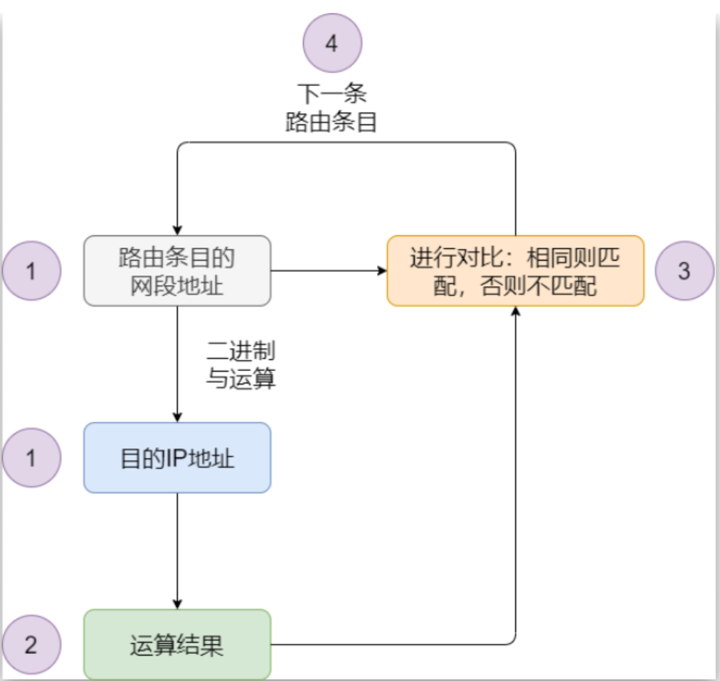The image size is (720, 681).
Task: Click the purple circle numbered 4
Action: point(332,43)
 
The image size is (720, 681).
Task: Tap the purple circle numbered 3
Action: point(684,271)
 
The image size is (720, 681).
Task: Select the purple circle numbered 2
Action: point(31,645)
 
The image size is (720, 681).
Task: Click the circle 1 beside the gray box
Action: point(31,271)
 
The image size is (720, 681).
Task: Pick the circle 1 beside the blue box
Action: point(31,458)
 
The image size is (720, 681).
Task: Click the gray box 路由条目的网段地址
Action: point(177,271)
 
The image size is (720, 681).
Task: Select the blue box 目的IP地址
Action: point(177,458)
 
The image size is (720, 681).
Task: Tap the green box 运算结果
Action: point(177,645)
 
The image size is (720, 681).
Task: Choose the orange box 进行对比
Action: point(515,271)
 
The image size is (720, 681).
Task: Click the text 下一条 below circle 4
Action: point(332,94)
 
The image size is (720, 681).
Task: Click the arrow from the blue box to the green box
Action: point(177,551)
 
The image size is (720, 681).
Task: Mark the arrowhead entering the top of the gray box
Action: point(177,228)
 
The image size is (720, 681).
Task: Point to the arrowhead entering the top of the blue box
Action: point(177,416)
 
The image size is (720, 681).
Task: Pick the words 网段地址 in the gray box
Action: point(177,286)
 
